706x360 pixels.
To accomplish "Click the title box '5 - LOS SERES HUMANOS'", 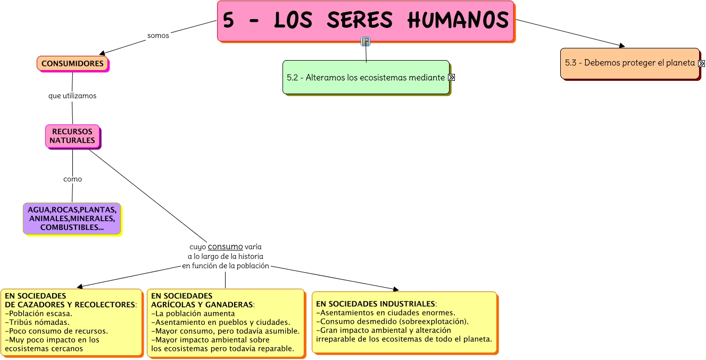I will click(x=366, y=21).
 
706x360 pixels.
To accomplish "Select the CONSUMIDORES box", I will click(x=72, y=63).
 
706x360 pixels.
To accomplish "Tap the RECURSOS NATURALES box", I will click(x=72, y=136).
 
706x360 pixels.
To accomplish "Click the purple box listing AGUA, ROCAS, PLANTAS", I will click(x=72, y=218).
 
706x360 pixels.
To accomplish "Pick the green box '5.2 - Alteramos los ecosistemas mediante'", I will click(x=366, y=78).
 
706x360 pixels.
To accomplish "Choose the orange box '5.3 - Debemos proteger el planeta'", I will click(x=629, y=63).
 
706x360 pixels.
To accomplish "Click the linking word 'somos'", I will click(x=158, y=36).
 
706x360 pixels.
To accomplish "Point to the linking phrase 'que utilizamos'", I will click(x=72, y=96).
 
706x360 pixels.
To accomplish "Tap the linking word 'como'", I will click(x=72, y=179).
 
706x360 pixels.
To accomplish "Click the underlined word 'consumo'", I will click(x=225, y=247).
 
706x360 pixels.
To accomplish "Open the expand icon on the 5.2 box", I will click(x=452, y=78).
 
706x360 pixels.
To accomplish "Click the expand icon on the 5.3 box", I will click(x=701, y=63).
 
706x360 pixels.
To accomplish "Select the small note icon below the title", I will click(x=366, y=41).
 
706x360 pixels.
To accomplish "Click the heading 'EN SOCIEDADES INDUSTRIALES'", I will click(x=375, y=304).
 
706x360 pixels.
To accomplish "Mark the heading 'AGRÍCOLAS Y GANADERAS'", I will click(x=202, y=305).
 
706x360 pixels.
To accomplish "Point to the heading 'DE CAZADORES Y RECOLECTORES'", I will click(x=70, y=305).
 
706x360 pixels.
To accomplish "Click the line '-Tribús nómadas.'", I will click(x=37, y=322).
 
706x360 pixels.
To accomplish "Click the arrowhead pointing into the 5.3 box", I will click(x=622, y=46).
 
